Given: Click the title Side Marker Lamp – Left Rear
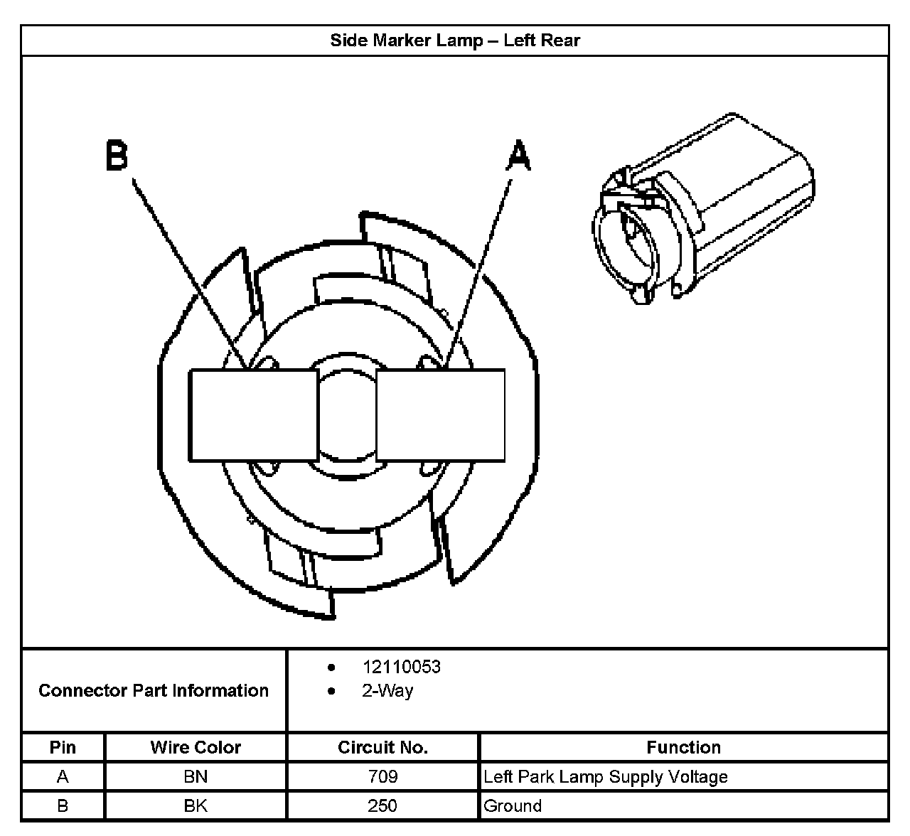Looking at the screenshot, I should pyautogui.click(x=455, y=40).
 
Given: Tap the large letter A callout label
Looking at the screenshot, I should pyautogui.click(x=518, y=156).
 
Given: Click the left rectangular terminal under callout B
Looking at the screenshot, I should pyautogui.click(x=253, y=415).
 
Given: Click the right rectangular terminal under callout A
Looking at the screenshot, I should pyautogui.click(x=440, y=415).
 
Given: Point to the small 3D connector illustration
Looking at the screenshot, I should pyautogui.click(x=702, y=210).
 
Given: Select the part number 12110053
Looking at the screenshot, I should pyautogui.click(x=401, y=667).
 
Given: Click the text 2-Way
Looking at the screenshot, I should pyautogui.click(x=387, y=691).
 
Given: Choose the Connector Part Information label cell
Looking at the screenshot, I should pyautogui.click(x=154, y=690).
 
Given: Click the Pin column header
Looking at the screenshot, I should pyautogui.click(x=63, y=747).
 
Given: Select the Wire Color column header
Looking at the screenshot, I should pyautogui.click(x=196, y=747).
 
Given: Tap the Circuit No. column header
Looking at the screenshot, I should pyautogui.click(x=382, y=747).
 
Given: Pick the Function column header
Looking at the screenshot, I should pyautogui.click(x=683, y=747).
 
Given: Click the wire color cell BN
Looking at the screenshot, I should pyautogui.click(x=196, y=776).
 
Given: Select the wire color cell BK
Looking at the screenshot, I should pyautogui.click(x=196, y=805).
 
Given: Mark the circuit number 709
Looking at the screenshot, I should pyautogui.click(x=382, y=776).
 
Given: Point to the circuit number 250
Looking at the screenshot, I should pyautogui.click(x=382, y=805).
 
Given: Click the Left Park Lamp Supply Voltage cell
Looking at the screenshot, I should pyautogui.click(x=606, y=776).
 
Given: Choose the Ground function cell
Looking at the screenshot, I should pyautogui.click(x=513, y=805).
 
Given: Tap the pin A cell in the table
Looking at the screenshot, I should pyautogui.click(x=63, y=776).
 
